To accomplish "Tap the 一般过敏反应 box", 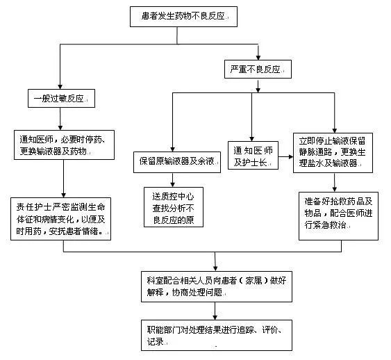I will (x=62, y=98).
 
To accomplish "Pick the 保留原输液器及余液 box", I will (x=177, y=162).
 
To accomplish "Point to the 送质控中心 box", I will (x=177, y=203).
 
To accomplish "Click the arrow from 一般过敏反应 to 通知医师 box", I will (x=63, y=118).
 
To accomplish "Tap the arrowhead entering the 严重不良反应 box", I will (x=258, y=58).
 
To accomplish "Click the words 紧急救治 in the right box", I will (x=342, y=226).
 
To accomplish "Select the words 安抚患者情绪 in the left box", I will (x=83, y=232).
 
